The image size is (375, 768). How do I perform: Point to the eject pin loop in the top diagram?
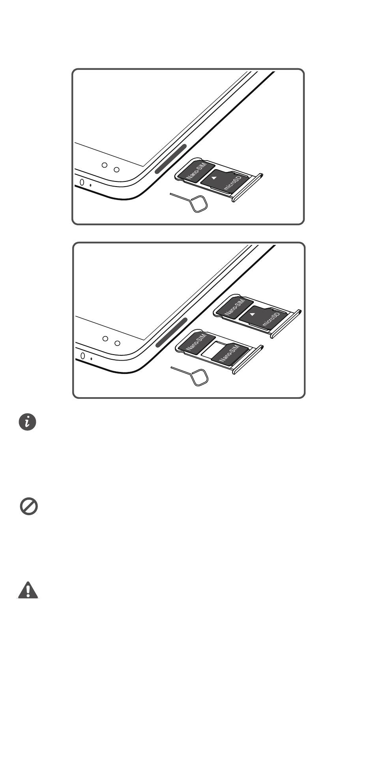pos(199,204)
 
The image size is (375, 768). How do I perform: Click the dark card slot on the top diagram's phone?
pos(171,159)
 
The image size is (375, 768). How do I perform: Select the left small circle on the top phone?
pos(105,165)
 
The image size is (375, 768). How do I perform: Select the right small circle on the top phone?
pos(117,170)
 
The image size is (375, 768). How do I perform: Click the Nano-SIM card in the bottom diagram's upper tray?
pos(234,307)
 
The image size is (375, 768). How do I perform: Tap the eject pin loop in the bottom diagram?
pos(200,377)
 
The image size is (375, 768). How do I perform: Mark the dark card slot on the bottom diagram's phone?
pos(171,332)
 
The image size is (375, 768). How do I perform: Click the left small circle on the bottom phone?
pos(105,338)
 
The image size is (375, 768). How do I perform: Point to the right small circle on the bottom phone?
pos(117,343)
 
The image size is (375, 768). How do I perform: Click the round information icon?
pos(28,422)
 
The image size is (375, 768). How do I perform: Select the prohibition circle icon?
pos(29,506)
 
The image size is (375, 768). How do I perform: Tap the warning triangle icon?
pos(28,590)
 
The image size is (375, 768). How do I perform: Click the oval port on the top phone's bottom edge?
pos(82,183)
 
